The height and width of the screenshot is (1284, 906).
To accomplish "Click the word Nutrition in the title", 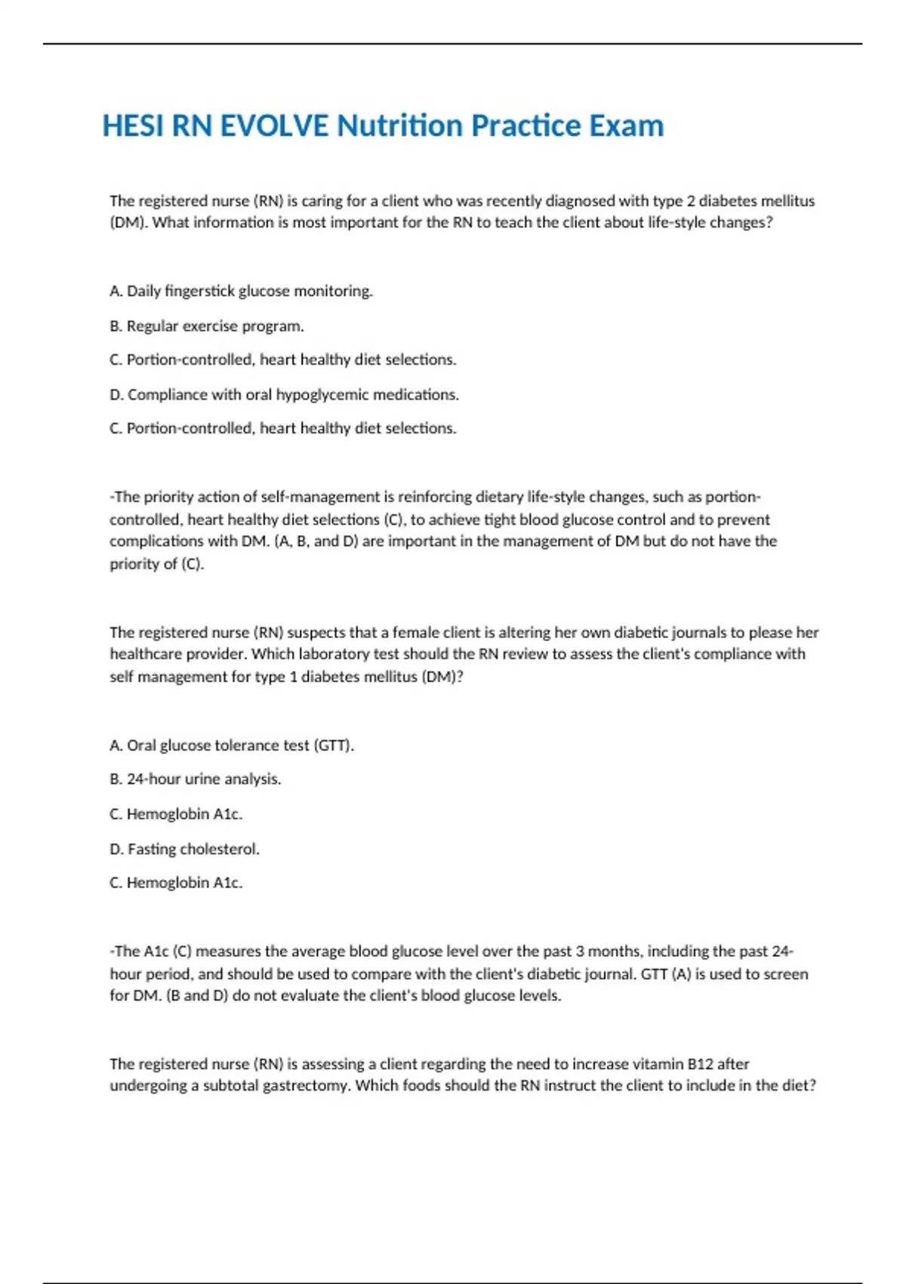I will (400, 126).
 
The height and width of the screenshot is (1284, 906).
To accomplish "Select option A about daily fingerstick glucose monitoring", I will (241, 291).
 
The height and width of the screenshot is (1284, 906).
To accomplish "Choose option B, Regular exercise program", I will (206, 326).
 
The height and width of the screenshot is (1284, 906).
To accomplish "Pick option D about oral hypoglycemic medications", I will (284, 394).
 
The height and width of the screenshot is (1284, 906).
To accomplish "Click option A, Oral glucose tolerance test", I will (231, 745).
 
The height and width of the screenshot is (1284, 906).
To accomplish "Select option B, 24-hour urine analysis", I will (195, 779).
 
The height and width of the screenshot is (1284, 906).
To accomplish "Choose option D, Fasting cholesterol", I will (184, 849).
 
